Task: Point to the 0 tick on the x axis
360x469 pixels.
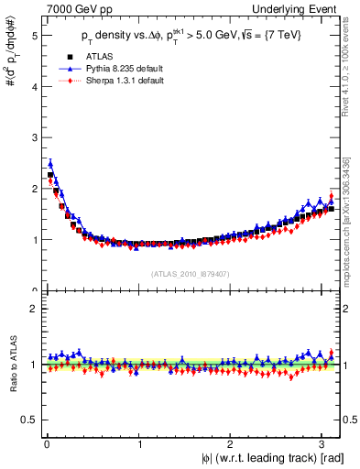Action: (47, 444)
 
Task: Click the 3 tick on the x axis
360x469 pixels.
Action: (323, 444)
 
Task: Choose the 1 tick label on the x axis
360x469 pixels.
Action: (139, 444)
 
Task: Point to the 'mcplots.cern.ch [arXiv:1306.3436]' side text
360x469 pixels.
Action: (351, 219)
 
